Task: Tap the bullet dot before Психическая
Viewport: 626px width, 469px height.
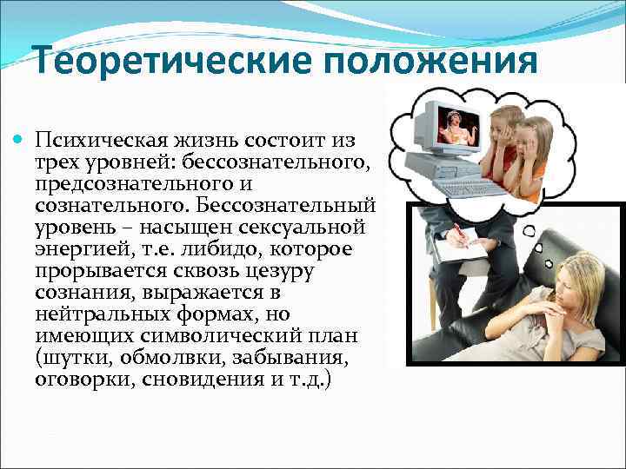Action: click(x=20, y=140)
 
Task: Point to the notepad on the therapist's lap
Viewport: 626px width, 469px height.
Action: click(x=460, y=250)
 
